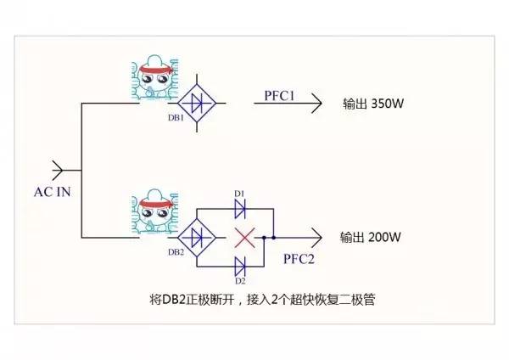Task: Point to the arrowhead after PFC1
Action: click(x=316, y=104)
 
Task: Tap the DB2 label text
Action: click(x=176, y=251)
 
